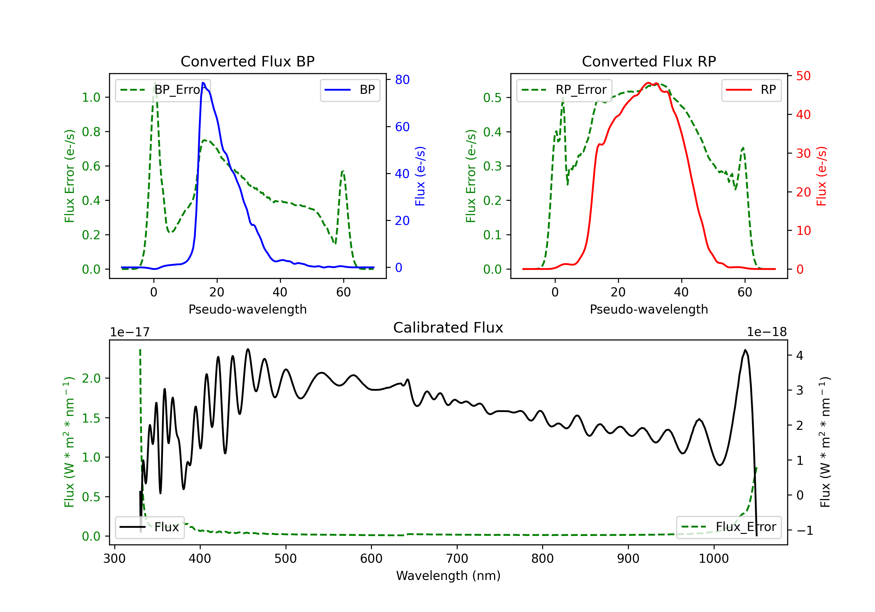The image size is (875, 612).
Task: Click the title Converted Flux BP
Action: pyautogui.click(x=248, y=61)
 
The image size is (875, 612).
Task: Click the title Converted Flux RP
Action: pyautogui.click(x=649, y=61)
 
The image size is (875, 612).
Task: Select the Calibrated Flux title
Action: pyautogui.click(x=448, y=328)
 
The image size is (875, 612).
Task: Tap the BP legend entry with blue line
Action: pyautogui.click(x=350, y=90)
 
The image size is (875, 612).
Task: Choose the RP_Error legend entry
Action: pyautogui.click(x=564, y=90)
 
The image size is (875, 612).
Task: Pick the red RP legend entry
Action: pyautogui.click(x=751, y=90)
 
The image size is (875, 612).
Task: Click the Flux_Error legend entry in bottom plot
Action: pyautogui.click(x=729, y=527)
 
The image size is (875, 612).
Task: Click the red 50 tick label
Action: pyautogui.click(x=803, y=76)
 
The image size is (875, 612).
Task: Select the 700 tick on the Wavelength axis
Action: pyautogui.click(x=457, y=559)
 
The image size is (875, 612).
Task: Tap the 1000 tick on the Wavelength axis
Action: pyautogui.click(x=714, y=559)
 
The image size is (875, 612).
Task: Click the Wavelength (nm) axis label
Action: pyautogui.click(x=448, y=576)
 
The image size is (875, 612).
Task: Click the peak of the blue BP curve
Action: pyautogui.click(x=203, y=83)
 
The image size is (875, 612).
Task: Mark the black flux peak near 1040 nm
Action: pyautogui.click(x=745, y=350)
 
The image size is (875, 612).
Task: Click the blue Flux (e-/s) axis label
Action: pyautogui.click(x=420, y=176)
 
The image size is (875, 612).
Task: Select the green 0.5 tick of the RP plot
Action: pyautogui.click(x=492, y=98)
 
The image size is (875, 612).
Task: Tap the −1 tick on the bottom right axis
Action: pyautogui.click(x=804, y=530)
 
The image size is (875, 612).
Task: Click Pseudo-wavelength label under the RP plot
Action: pyautogui.click(x=649, y=309)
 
